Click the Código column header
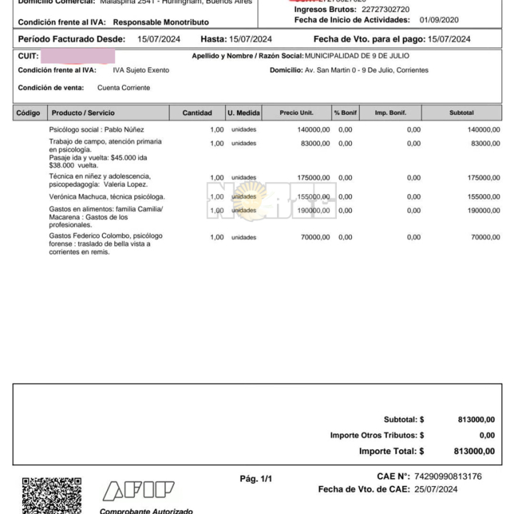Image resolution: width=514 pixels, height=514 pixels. click(x=29, y=113)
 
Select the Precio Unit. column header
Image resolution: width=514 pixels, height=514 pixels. click(x=296, y=113)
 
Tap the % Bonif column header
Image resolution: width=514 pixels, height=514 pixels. click(x=345, y=113)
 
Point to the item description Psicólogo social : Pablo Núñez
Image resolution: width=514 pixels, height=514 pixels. click(x=96, y=130)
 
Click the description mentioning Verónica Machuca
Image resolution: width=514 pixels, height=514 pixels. click(x=107, y=196)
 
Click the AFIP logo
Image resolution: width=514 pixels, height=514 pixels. click(x=139, y=490)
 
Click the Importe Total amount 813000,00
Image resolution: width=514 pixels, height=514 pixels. click(x=473, y=451)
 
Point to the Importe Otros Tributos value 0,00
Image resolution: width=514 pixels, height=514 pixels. click(x=487, y=435)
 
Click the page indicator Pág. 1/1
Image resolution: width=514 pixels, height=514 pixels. click(x=256, y=478)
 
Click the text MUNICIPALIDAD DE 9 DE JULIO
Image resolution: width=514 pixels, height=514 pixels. click(x=357, y=56)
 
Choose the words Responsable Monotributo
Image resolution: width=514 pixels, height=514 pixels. click(x=161, y=22)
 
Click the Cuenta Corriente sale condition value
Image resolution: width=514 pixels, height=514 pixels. click(x=124, y=88)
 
